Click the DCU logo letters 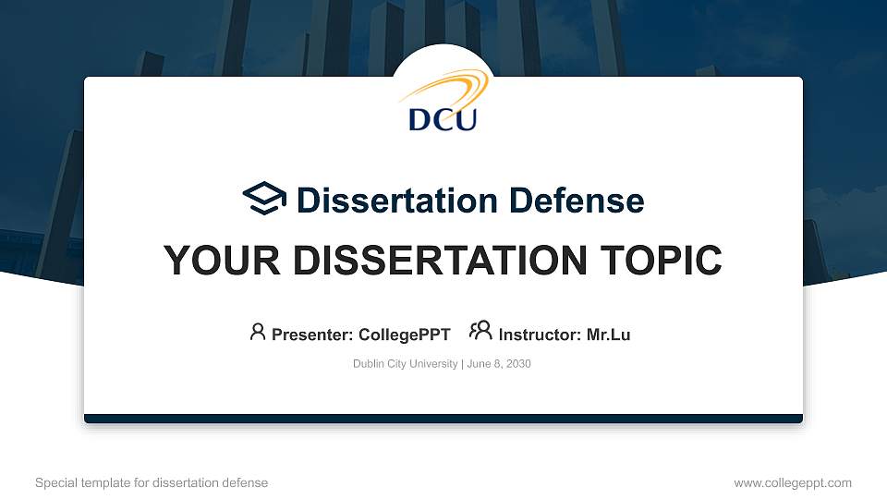(443, 118)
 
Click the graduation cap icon (264, 199)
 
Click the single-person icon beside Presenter (258, 332)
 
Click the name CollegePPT (404, 335)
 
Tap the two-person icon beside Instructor (480, 331)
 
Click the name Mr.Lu (608, 335)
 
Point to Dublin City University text (405, 364)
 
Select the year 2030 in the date (517, 364)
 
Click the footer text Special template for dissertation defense (152, 482)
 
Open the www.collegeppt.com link (792, 482)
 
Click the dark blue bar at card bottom (443, 419)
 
